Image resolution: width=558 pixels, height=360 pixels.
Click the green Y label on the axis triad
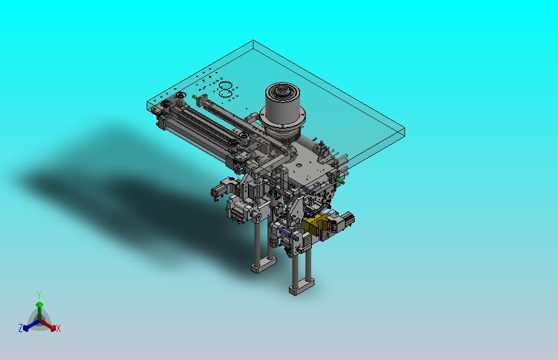tap(39, 295)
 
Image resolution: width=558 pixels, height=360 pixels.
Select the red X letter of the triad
tap(58, 328)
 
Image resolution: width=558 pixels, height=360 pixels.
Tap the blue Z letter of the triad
tap(21, 328)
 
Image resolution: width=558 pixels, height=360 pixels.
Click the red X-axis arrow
tap(48, 325)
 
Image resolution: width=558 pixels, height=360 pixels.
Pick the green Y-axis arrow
tap(40, 312)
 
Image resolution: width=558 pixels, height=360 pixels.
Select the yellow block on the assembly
tap(315, 224)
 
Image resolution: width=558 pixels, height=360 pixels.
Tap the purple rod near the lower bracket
tap(288, 234)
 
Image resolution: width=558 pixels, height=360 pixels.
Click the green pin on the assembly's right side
tap(339, 180)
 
